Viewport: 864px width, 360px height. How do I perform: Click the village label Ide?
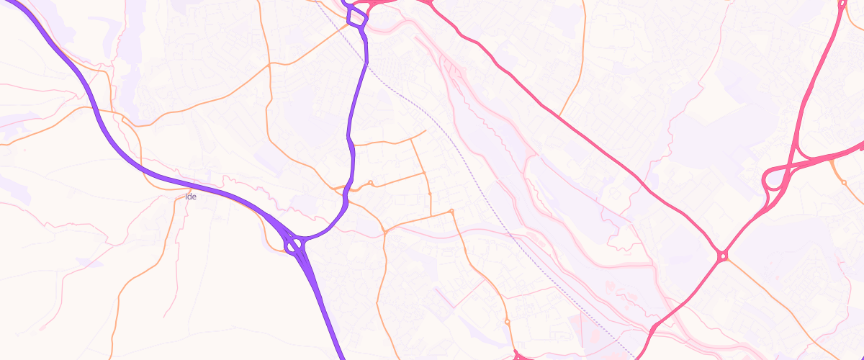[x=191, y=196]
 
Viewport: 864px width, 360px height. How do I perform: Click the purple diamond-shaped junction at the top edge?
[x=356, y=17]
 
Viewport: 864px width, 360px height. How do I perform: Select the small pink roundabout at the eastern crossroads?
[x=722, y=256]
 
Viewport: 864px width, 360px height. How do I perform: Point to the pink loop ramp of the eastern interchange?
[x=772, y=189]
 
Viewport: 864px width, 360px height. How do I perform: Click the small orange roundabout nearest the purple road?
[x=370, y=183]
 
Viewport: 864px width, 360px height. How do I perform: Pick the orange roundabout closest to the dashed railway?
[x=451, y=211]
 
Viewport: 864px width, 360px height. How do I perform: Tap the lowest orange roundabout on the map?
[x=507, y=321]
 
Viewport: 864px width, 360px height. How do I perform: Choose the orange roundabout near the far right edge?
[x=845, y=182]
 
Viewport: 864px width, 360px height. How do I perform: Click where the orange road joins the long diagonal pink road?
[x=559, y=115]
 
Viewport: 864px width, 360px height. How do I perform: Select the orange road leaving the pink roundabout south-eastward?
[x=778, y=302]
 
